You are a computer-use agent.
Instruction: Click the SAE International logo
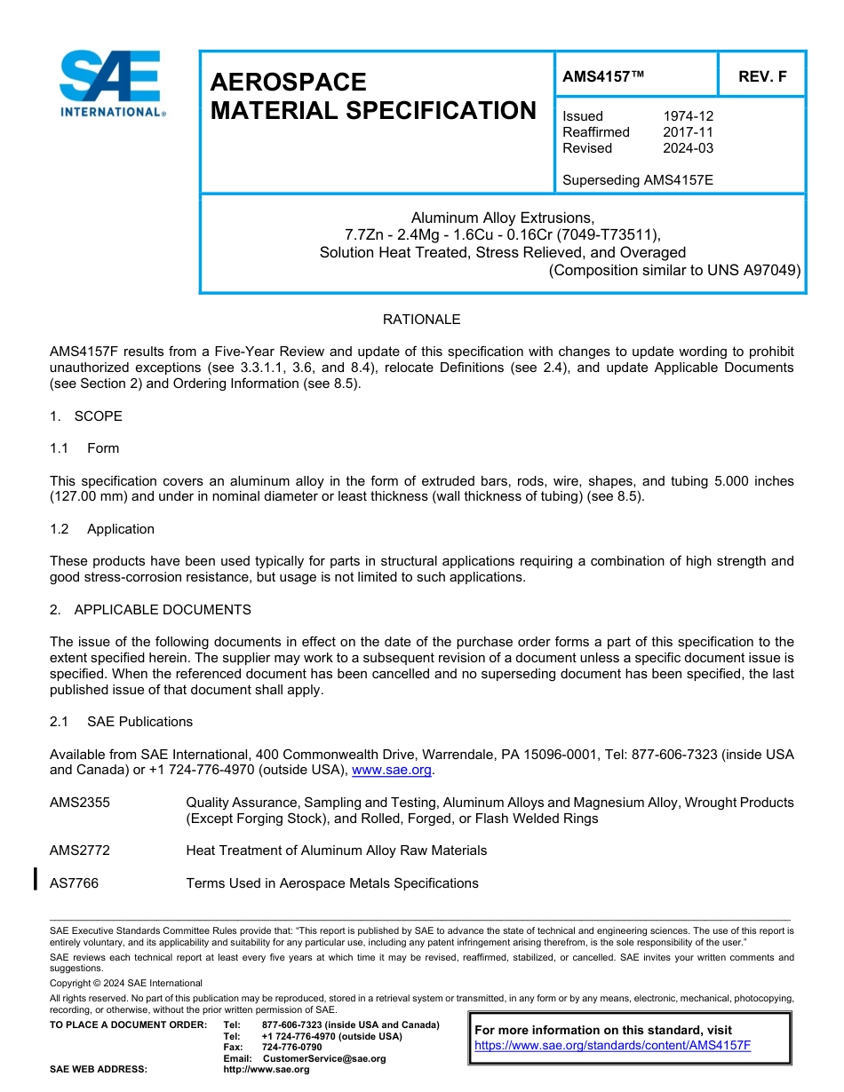111,83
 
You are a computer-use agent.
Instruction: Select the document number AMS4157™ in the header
602,77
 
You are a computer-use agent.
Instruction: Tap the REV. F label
762,77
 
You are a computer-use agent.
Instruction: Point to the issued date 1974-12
688,116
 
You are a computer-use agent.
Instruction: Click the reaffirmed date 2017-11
688,132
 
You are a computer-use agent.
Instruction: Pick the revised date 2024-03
688,148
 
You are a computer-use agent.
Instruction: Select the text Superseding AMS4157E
637,180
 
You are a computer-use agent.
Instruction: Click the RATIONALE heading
421,320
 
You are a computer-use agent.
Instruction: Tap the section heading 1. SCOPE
86,416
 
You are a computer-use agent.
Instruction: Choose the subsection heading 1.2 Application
102,529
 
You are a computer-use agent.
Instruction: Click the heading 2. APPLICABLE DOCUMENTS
150,610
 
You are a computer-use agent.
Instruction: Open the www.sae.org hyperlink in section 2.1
392,771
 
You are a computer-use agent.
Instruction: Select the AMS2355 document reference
80,803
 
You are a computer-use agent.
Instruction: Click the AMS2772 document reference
80,851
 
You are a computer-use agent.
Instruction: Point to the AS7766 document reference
74,883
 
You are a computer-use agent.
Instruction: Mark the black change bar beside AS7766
35,880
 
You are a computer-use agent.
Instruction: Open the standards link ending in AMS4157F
612,1046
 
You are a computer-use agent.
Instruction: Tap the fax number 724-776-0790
292,1048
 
